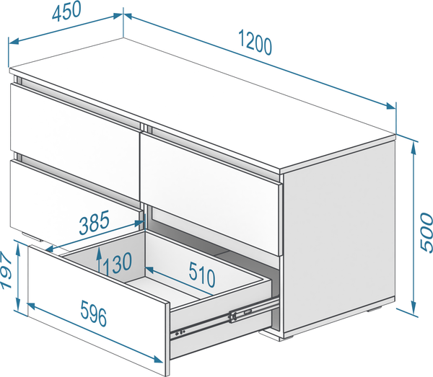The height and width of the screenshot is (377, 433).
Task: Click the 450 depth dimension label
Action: [66, 11]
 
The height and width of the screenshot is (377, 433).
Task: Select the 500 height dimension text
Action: [426, 232]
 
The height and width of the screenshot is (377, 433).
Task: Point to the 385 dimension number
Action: [94, 222]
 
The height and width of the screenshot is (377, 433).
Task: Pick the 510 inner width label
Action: [202, 275]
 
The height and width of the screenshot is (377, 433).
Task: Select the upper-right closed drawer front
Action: [211, 193]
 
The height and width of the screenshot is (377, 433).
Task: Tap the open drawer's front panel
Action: [98, 309]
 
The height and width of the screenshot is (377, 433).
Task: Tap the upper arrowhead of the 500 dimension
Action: [414, 147]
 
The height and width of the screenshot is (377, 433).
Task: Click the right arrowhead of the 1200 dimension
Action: [391, 106]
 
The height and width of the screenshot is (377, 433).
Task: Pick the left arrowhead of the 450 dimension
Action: [14, 42]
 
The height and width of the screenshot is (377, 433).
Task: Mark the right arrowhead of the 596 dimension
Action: [157, 359]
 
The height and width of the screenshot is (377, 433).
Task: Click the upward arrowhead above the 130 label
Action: [98, 252]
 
